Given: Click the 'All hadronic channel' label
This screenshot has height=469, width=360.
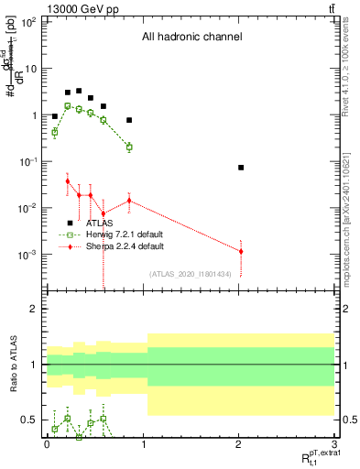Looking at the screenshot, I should [191, 38].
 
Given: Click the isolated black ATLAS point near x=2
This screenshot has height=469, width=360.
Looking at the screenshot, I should [240, 168].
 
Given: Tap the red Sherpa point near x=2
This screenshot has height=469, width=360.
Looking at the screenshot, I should [240, 251].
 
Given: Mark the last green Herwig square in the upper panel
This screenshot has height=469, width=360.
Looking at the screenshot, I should [129, 147].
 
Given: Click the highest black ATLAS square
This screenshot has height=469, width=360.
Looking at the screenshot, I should [79, 91].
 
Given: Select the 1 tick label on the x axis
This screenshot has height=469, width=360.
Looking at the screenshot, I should [142, 443].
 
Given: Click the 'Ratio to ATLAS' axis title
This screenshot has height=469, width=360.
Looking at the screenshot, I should [12, 364].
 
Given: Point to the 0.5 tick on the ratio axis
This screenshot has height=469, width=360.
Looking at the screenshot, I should [30, 420].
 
